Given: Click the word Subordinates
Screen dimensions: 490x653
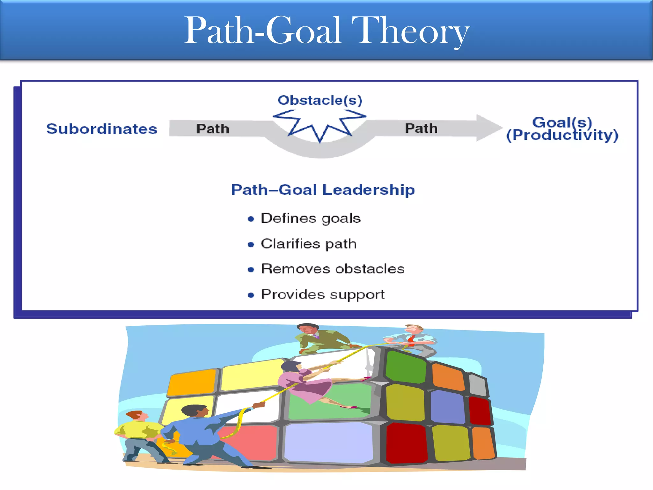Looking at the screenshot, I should [102, 129].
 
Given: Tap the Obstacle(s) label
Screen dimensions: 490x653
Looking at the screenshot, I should [320, 100].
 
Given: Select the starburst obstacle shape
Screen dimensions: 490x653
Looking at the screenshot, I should [320, 125].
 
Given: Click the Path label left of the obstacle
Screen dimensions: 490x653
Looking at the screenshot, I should [213, 129].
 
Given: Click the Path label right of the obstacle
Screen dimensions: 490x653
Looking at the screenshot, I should [421, 128].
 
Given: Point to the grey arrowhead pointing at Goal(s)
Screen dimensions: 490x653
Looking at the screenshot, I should [488, 128].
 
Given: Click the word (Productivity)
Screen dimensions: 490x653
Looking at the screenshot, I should [562, 135].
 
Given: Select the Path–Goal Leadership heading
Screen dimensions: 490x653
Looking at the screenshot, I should [323, 190].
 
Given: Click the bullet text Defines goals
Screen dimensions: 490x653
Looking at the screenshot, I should [311, 219].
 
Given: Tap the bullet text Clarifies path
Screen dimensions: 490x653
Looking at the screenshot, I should [309, 244].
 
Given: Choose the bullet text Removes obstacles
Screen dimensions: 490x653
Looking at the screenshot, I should [333, 269].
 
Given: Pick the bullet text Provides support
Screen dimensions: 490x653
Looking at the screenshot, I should [323, 294].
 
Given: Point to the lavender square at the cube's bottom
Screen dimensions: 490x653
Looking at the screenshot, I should [328, 442].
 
